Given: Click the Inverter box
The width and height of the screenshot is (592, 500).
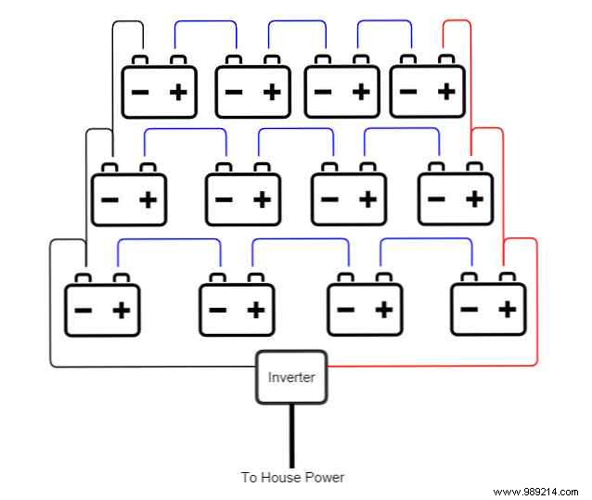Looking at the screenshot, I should pyautogui.click(x=292, y=377).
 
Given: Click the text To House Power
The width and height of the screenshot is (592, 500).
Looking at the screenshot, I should pyautogui.click(x=292, y=478).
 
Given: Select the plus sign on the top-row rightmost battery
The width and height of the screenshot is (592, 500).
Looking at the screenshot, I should pyautogui.click(x=446, y=91).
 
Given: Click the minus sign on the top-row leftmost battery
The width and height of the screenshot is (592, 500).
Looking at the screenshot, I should pyautogui.click(x=141, y=92).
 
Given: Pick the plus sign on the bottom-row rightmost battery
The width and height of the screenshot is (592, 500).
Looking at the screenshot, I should pyautogui.click(x=507, y=308).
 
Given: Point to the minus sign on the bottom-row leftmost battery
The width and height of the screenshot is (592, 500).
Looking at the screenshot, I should pyautogui.click(x=83, y=309).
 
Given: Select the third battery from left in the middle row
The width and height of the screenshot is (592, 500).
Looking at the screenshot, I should pyautogui.click(x=348, y=198).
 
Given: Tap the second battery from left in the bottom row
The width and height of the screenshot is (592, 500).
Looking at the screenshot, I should pyautogui.click(x=237, y=308).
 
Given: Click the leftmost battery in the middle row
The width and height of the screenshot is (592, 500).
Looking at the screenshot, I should pyautogui.click(x=128, y=198).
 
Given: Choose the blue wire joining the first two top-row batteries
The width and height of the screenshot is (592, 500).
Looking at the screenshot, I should pyautogui.click(x=206, y=20).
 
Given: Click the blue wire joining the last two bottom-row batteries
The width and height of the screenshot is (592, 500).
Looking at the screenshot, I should pyautogui.click(x=427, y=239).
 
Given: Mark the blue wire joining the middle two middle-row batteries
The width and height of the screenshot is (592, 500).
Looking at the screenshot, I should pyautogui.click(x=295, y=129).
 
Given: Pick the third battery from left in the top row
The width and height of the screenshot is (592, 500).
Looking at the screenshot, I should pyautogui.click(x=341, y=91).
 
